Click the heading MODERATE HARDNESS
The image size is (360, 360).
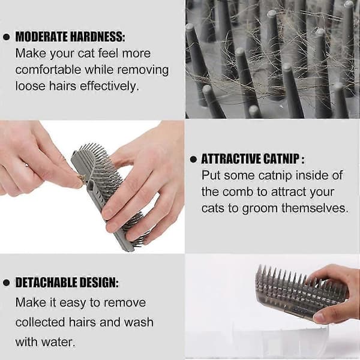[x=70, y=37]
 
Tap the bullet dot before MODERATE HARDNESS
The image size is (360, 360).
[x=7, y=37]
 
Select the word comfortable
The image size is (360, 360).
[x=48, y=70]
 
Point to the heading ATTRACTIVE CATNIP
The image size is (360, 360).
[x=253, y=159]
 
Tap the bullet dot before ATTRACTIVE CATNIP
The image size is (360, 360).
[x=193, y=160]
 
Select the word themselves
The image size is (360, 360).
[x=315, y=208]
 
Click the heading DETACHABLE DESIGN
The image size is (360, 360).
[x=67, y=283]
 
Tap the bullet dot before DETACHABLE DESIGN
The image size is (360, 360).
[x=7, y=283]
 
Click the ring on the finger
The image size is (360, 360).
[x=27, y=165]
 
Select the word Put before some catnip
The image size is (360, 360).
[x=211, y=175]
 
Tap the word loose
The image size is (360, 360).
[x=31, y=86]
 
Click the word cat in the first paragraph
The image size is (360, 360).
[x=86, y=53]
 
